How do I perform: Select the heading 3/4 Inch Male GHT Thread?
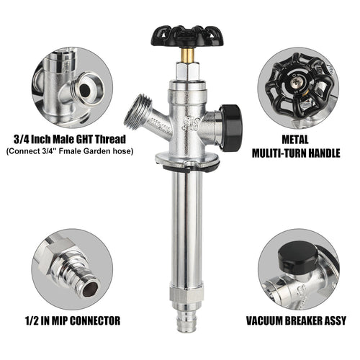tap(72, 138)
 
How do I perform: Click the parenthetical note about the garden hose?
tap(72, 152)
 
